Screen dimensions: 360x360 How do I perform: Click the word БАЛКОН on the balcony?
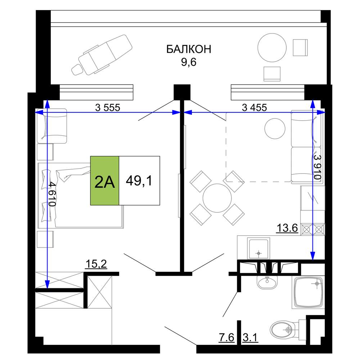point(189,49)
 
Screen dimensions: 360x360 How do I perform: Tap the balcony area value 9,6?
point(189,62)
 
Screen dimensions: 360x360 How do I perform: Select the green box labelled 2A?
point(105,180)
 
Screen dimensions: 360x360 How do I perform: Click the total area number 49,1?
point(139,181)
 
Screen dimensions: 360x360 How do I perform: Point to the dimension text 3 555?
point(108,107)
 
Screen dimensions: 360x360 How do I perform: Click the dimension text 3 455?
point(255,107)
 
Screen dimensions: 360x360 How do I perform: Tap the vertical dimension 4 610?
point(52,194)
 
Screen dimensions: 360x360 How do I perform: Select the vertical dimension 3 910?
point(317,167)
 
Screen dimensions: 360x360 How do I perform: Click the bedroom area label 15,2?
point(96,264)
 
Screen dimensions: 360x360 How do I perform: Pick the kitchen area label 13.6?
point(287,228)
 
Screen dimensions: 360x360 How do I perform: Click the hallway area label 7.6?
point(226,338)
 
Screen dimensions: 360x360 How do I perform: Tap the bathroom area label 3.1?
point(250,338)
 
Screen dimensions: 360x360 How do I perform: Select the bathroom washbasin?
point(267,282)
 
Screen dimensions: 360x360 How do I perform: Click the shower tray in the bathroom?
point(309,292)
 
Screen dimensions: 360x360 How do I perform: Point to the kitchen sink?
point(258,249)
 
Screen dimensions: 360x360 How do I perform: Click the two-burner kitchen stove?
point(313,229)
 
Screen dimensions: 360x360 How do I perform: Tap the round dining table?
point(217,198)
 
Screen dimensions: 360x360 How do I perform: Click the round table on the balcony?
point(272,48)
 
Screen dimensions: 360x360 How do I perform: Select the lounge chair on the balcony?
point(102,55)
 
